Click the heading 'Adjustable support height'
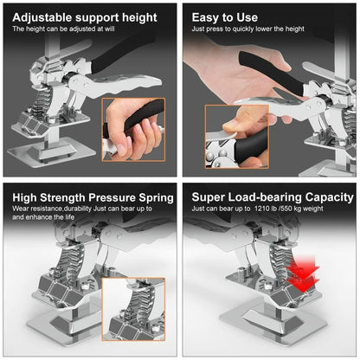pos(84,16)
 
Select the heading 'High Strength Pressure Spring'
pos(93,197)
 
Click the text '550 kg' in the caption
pos(305,209)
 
